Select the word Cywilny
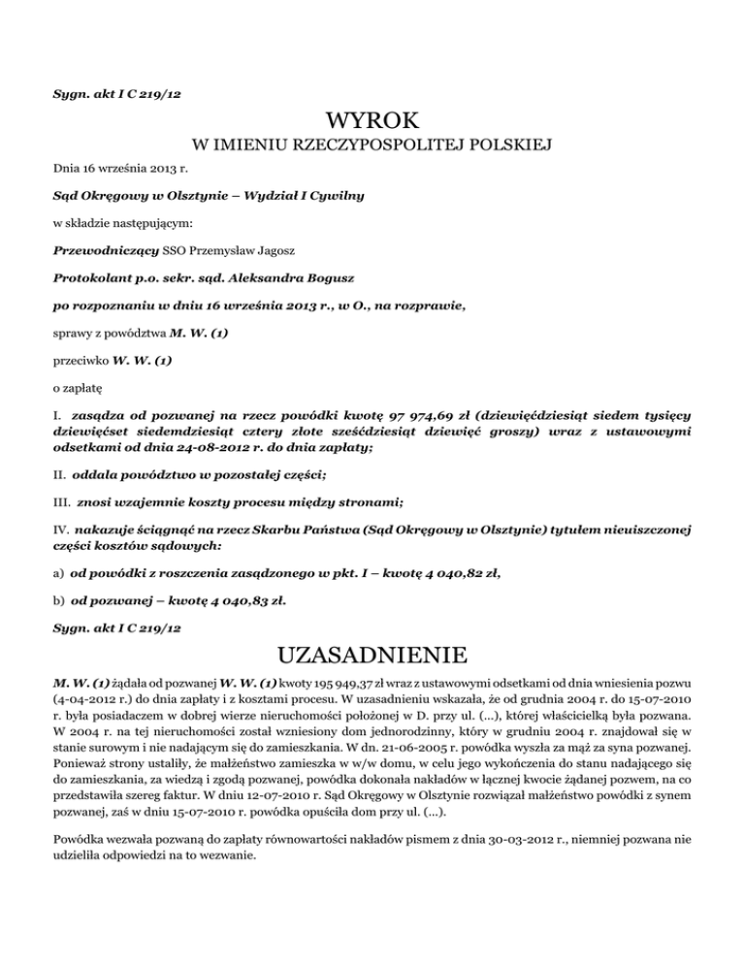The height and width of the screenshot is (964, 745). click(x=337, y=195)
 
